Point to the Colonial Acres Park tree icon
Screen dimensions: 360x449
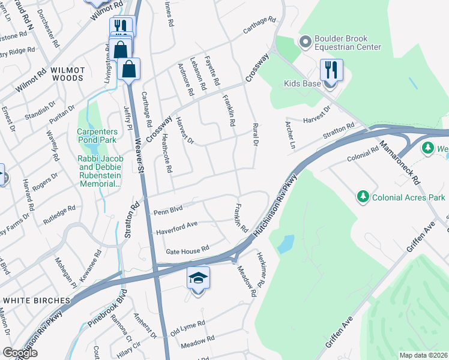pos(363,197)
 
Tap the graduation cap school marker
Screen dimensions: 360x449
pos(198,278)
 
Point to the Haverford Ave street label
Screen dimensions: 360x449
pos(177,227)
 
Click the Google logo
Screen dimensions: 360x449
pos(20,353)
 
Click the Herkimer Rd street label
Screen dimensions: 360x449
pos(261,268)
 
